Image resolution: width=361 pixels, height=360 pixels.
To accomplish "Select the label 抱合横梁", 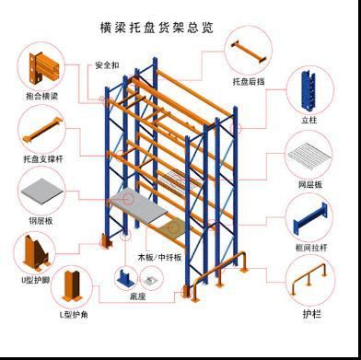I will coord(41,95).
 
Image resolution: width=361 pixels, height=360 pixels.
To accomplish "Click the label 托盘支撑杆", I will coord(41,158).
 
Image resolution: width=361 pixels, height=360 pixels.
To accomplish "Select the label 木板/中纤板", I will coord(161,257).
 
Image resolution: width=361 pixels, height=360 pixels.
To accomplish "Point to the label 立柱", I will coord(308,119).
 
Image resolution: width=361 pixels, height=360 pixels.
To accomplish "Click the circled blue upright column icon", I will coord(308,90).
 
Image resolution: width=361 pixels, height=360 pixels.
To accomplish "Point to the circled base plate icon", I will coord(126,275).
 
